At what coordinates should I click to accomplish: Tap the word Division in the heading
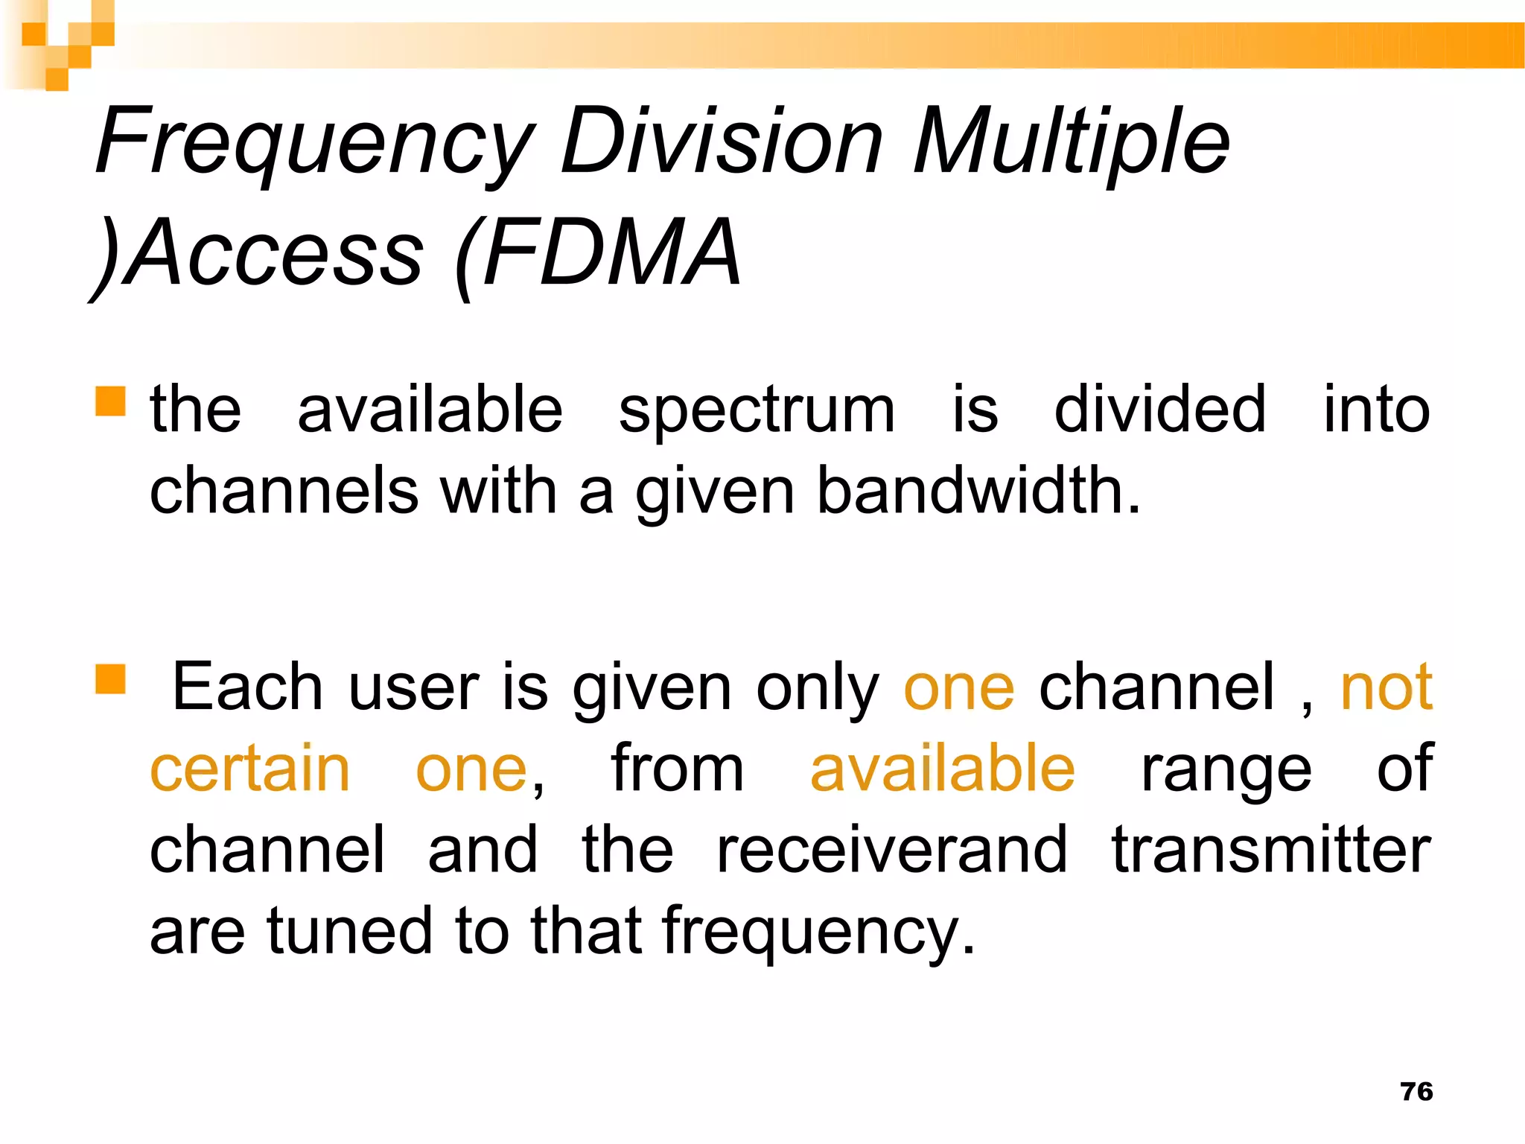(721, 142)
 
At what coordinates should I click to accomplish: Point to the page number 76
(1416, 1092)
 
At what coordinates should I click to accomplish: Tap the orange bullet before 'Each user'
(110, 679)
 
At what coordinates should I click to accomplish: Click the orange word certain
(250, 769)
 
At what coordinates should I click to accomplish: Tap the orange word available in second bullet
(942, 769)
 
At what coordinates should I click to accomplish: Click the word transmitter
(1271, 850)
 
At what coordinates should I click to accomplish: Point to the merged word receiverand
(891, 850)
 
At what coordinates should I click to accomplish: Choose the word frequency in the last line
(818, 932)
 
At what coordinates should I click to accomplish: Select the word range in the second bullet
(1226, 770)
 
